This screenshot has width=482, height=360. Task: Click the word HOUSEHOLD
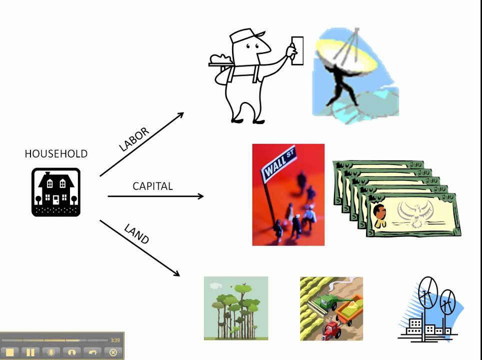[x=56, y=153]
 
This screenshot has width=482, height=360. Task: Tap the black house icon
[x=56, y=192]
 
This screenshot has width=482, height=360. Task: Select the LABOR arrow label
[x=134, y=139]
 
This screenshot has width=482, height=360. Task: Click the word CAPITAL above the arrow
[x=152, y=186]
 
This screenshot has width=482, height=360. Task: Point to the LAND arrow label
[x=136, y=234]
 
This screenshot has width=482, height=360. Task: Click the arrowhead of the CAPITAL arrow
[x=200, y=196]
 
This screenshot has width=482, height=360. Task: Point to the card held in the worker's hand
[x=297, y=50]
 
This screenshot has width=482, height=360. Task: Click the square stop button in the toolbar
[x=10, y=352]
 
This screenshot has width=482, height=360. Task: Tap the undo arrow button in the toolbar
[x=92, y=352]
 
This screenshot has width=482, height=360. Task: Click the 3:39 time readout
[x=115, y=340]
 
